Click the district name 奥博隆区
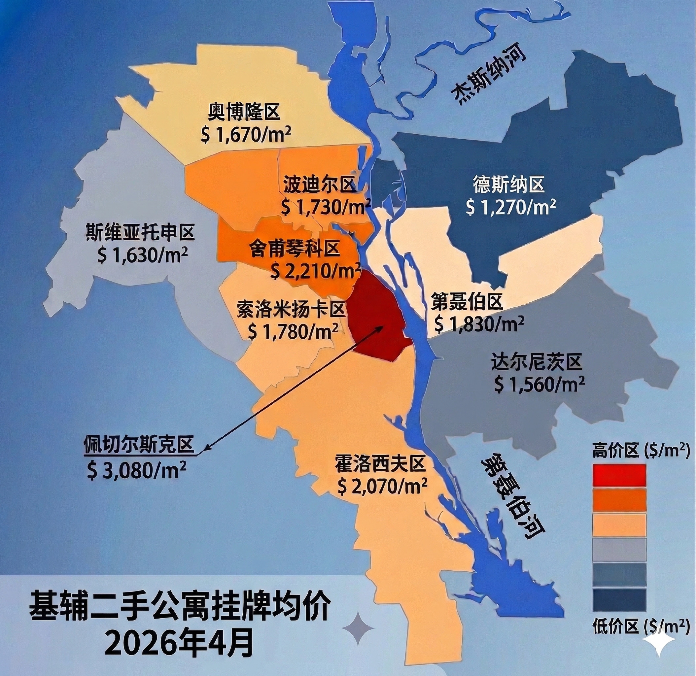coord(244,113)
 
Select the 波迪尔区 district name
coord(320,185)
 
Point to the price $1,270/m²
coord(511,207)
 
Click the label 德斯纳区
coord(509,185)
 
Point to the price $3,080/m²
coord(136,470)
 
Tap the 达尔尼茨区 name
coord(537,362)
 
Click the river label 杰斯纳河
coord(489,77)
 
